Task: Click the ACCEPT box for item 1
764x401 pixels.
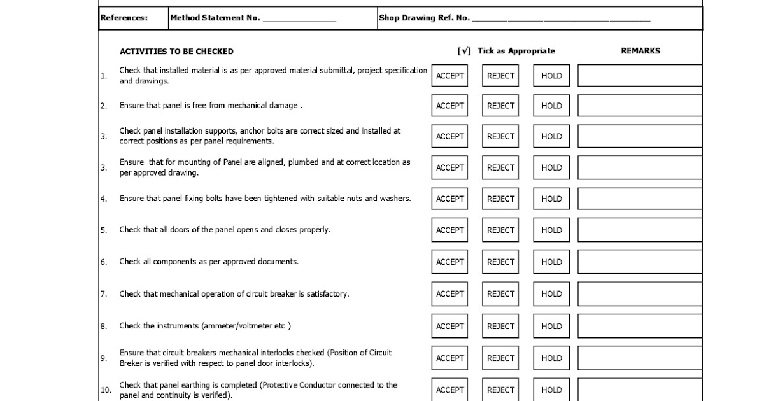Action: coord(449,76)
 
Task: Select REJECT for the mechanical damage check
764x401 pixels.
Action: coord(500,106)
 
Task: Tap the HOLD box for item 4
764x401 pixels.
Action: coord(551,199)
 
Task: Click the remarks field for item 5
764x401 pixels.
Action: coord(639,230)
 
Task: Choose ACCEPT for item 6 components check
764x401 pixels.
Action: coord(449,262)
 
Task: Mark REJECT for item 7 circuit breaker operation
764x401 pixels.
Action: coord(500,293)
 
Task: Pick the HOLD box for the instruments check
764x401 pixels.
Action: coord(551,326)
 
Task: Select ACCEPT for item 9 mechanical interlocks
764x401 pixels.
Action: coord(449,358)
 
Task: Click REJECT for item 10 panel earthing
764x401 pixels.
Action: coord(500,390)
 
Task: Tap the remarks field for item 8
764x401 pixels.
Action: coord(639,326)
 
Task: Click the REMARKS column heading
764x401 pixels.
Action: coord(640,51)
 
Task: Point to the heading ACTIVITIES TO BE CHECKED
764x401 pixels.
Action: coord(176,52)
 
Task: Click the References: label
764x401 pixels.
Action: coord(124,18)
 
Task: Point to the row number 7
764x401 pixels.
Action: coord(103,294)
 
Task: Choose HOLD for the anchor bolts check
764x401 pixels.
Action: coord(551,136)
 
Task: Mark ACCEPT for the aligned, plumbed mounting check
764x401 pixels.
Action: coord(449,167)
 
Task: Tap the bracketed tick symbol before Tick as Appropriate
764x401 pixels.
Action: coord(464,51)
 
